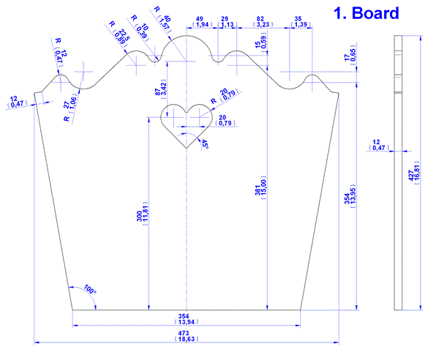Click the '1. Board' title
tap(367, 13)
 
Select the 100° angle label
tap(89, 289)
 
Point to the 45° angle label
tap(205, 144)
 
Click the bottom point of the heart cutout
tap(187, 148)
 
